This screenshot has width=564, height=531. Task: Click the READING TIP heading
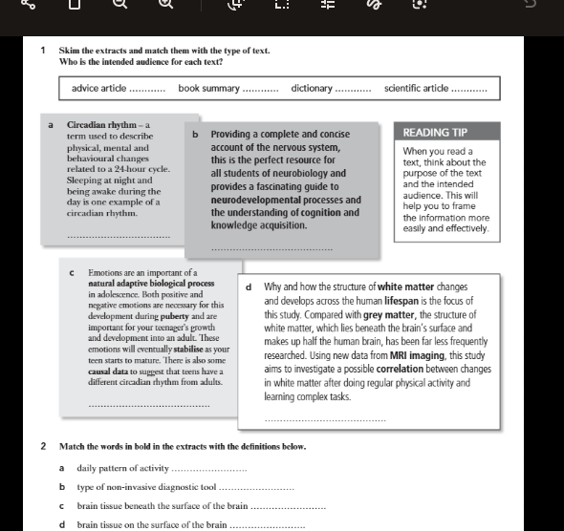435,133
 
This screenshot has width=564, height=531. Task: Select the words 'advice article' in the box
98,89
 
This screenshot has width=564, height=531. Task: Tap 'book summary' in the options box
208,89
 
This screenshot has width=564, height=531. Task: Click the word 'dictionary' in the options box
312,89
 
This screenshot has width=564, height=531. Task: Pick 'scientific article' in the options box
415,89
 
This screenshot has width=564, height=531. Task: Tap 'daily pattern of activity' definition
122,468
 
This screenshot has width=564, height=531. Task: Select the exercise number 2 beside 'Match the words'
44,446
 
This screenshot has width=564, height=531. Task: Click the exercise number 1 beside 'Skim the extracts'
44,50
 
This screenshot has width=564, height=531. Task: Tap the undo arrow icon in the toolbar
531,5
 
